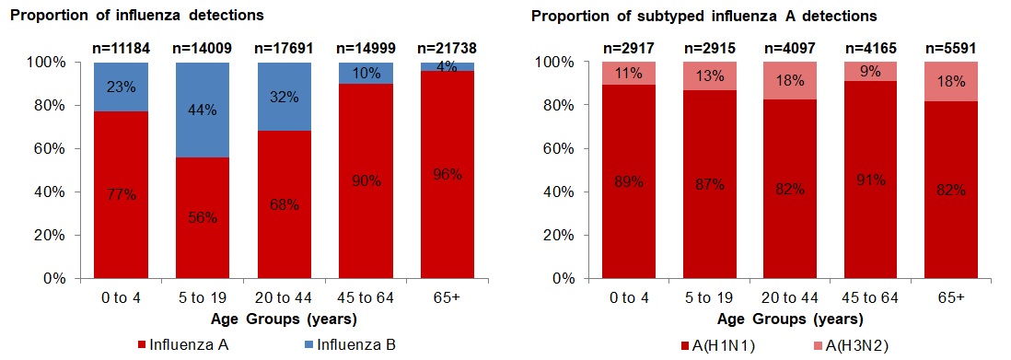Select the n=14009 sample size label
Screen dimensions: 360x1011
click(x=202, y=48)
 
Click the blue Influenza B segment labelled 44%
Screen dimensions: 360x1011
click(x=202, y=110)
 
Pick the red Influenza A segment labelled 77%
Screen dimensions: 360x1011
click(x=121, y=196)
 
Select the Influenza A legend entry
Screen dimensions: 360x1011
click(x=180, y=345)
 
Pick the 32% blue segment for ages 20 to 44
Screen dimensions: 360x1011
click(x=283, y=96)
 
